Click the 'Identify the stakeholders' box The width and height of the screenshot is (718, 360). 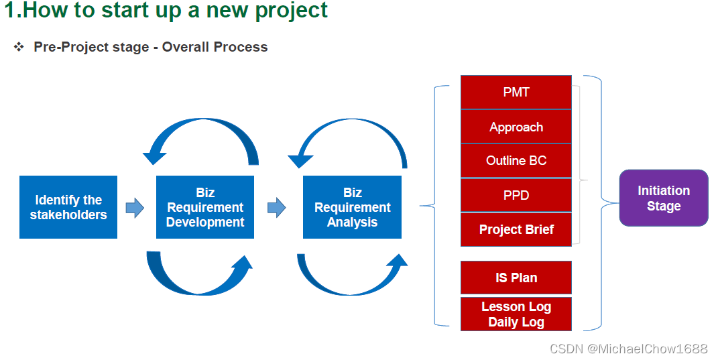[68, 207]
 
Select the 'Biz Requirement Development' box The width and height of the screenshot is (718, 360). [205, 207]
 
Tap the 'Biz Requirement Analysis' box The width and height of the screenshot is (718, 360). [352, 207]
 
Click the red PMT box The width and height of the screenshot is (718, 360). [516, 92]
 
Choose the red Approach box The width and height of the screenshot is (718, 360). [516, 127]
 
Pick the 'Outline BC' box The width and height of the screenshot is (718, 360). [516, 161]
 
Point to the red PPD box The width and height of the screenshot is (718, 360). [516, 195]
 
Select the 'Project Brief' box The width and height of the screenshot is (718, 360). [516, 229]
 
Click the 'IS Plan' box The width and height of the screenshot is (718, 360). [516, 278]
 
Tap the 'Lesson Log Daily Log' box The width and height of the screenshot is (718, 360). [516, 314]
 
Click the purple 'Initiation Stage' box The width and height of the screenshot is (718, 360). [664, 198]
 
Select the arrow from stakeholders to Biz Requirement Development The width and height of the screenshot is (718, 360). [135, 208]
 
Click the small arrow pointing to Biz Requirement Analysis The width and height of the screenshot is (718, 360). [277, 208]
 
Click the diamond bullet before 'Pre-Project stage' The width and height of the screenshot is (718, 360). [19, 47]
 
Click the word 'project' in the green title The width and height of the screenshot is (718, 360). [291, 11]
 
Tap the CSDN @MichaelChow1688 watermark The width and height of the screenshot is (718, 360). [629, 349]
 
